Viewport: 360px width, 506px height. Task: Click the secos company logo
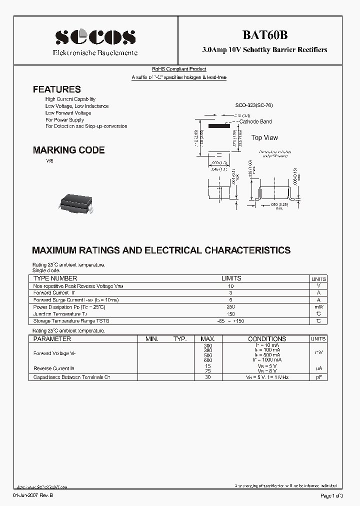[x=95, y=36]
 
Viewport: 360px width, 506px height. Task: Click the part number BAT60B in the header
[x=264, y=35]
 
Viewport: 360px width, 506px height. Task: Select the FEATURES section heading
[x=56, y=89]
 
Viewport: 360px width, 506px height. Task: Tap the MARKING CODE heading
[x=68, y=150]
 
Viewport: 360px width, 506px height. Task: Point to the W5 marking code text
[x=49, y=161]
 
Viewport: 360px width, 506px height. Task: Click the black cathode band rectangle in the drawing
[x=219, y=126]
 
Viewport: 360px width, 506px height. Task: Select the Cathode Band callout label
[x=255, y=121]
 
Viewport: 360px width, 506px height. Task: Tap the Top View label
[x=264, y=137]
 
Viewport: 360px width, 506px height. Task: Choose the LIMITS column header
[x=231, y=278]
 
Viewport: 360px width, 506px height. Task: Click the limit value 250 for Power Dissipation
[x=231, y=306]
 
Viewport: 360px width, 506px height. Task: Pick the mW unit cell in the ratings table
[x=318, y=306]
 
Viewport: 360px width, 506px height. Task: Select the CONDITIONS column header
[x=267, y=338]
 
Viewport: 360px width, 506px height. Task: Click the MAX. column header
[x=208, y=338]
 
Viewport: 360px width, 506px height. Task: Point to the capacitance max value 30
[x=208, y=377]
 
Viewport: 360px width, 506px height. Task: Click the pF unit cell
[x=318, y=377]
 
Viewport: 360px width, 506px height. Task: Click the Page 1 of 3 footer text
[x=330, y=495]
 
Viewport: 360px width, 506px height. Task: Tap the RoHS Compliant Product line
[x=179, y=69]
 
